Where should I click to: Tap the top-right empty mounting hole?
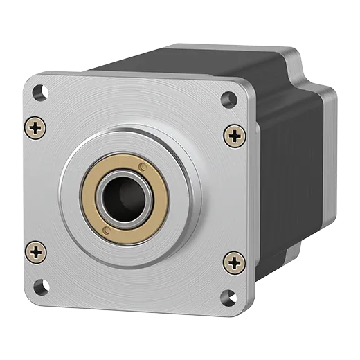tap(226, 98)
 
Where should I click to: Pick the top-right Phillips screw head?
tap(234, 134)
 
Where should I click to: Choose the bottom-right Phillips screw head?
tap(235, 262)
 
